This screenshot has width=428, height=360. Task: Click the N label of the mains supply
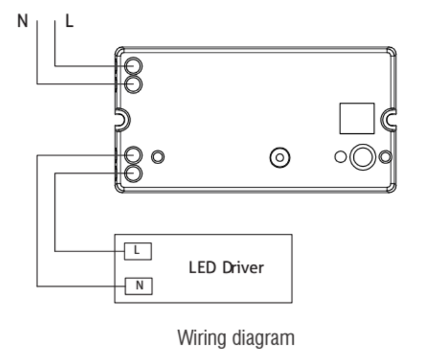pyautogui.click(x=22, y=20)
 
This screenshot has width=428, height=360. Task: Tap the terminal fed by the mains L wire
pyautogui.click(x=134, y=66)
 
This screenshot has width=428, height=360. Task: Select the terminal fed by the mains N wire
pyautogui.click(x=134, y=84)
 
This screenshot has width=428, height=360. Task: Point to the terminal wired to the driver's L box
pyautogui.click(x=134, y=172)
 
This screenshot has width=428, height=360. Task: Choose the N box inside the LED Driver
pyautogui.click(x=137, y=285)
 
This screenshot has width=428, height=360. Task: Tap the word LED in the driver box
pyautogui.click(x=201, y=267)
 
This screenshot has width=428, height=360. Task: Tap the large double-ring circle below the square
pyautogui.click(x=362, y=156)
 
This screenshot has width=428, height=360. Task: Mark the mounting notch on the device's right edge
pyautogui.click(x=387, y=119)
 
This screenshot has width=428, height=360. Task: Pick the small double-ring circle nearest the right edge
pyautogui.click(x=385, y=156)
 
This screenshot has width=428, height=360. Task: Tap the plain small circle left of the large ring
pyautogui.click(x=340, y=156)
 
